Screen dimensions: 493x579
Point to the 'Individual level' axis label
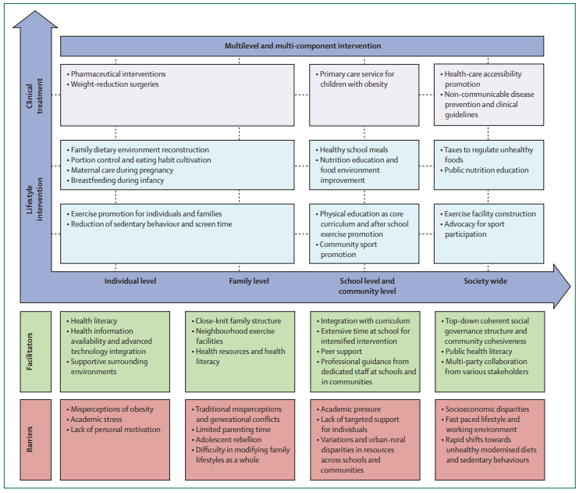(130, 280)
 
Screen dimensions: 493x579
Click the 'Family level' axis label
(250, 280)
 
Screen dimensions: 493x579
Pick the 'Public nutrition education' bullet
(488, 170)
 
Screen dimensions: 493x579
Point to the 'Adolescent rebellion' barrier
(231, 440)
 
